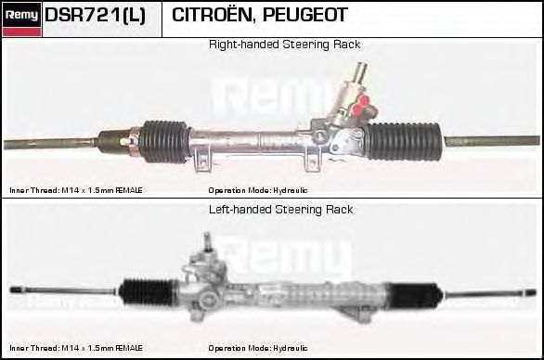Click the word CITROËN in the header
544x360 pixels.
click(x=210, y=16)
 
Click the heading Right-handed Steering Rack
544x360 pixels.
click(x=284, y=45)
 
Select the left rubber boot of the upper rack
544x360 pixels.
click(x=164, y=140)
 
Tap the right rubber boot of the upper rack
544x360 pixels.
click(x=404, y=140)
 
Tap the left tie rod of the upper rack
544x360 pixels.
click(x=51, y=144)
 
